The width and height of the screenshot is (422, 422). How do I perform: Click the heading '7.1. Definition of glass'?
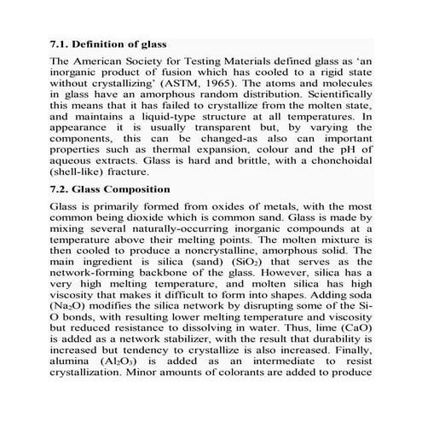point(109,43)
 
